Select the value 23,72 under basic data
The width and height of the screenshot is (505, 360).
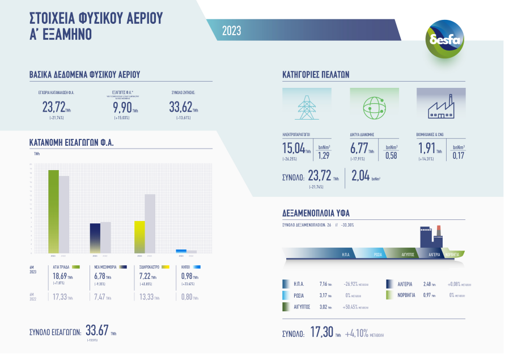pyautogui.click(x=54, y=107)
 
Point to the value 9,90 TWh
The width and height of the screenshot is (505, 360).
pyautogui.click(x=122, y=107)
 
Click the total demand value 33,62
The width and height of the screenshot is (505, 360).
pyautogui.click(x=181, y=107)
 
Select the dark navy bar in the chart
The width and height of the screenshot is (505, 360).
pyautogui.click(x=95, y=238)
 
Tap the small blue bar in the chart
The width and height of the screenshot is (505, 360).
pyautogui.click(x=181, y=251)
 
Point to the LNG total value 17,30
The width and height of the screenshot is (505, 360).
pyautogui.click(x=321, y=333)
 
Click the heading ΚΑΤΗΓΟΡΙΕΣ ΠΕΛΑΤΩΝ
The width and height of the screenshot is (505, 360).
pyautogui.click(x=315, y=74)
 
